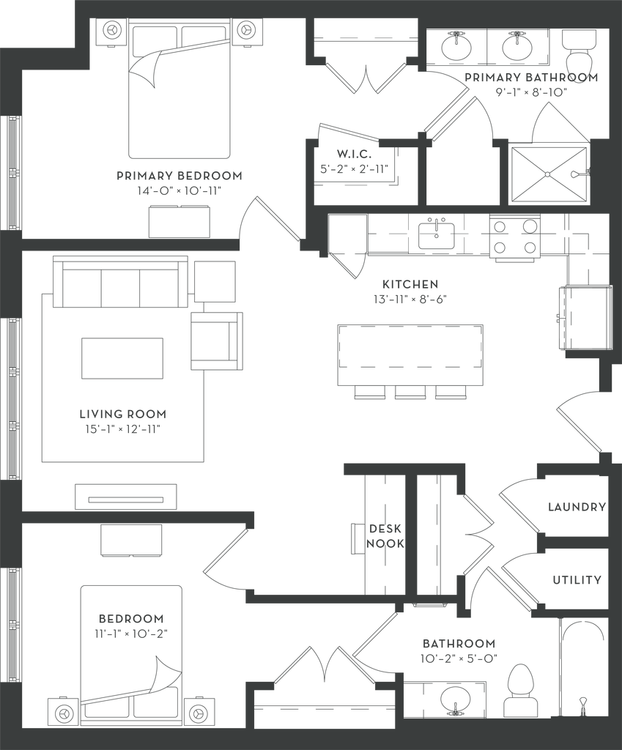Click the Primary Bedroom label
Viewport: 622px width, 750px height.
coord(179,176)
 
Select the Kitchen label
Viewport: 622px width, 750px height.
coord(410,283)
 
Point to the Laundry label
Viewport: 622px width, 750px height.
coord(577,506)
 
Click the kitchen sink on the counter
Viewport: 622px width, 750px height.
coord(437,234)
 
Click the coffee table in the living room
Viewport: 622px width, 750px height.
coord(122,358)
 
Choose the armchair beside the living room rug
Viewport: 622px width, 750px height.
coord(216,341)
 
